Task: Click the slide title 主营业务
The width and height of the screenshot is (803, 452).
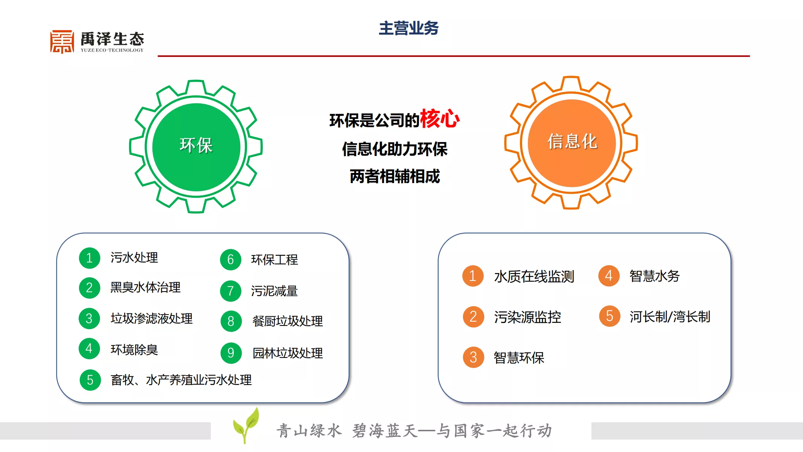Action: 408,28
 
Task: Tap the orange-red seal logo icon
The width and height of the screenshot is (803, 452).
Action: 62,42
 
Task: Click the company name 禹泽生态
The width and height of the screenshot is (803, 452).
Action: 113,39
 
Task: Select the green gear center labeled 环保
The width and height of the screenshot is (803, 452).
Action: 196,147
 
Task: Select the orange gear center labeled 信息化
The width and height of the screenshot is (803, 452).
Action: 571,143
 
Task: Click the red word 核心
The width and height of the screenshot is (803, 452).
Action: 440,119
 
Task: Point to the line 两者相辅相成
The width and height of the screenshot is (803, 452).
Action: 395,176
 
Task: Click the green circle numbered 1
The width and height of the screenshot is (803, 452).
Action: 90,258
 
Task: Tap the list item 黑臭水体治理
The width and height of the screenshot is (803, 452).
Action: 145,287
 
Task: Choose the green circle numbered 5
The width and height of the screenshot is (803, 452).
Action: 90,380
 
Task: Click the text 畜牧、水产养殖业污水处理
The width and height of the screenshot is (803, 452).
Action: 181,380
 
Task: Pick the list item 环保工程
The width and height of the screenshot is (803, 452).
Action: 274,260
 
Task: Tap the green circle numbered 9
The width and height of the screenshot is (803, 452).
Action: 231,353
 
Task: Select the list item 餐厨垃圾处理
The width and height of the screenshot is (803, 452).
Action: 288,321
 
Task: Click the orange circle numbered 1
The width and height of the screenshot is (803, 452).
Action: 473,276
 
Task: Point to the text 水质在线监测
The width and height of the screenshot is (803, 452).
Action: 534,276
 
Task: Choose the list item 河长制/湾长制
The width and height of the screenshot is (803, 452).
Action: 670,316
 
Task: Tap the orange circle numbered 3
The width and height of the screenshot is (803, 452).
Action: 474,357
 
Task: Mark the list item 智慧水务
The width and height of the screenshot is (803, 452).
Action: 655,276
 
